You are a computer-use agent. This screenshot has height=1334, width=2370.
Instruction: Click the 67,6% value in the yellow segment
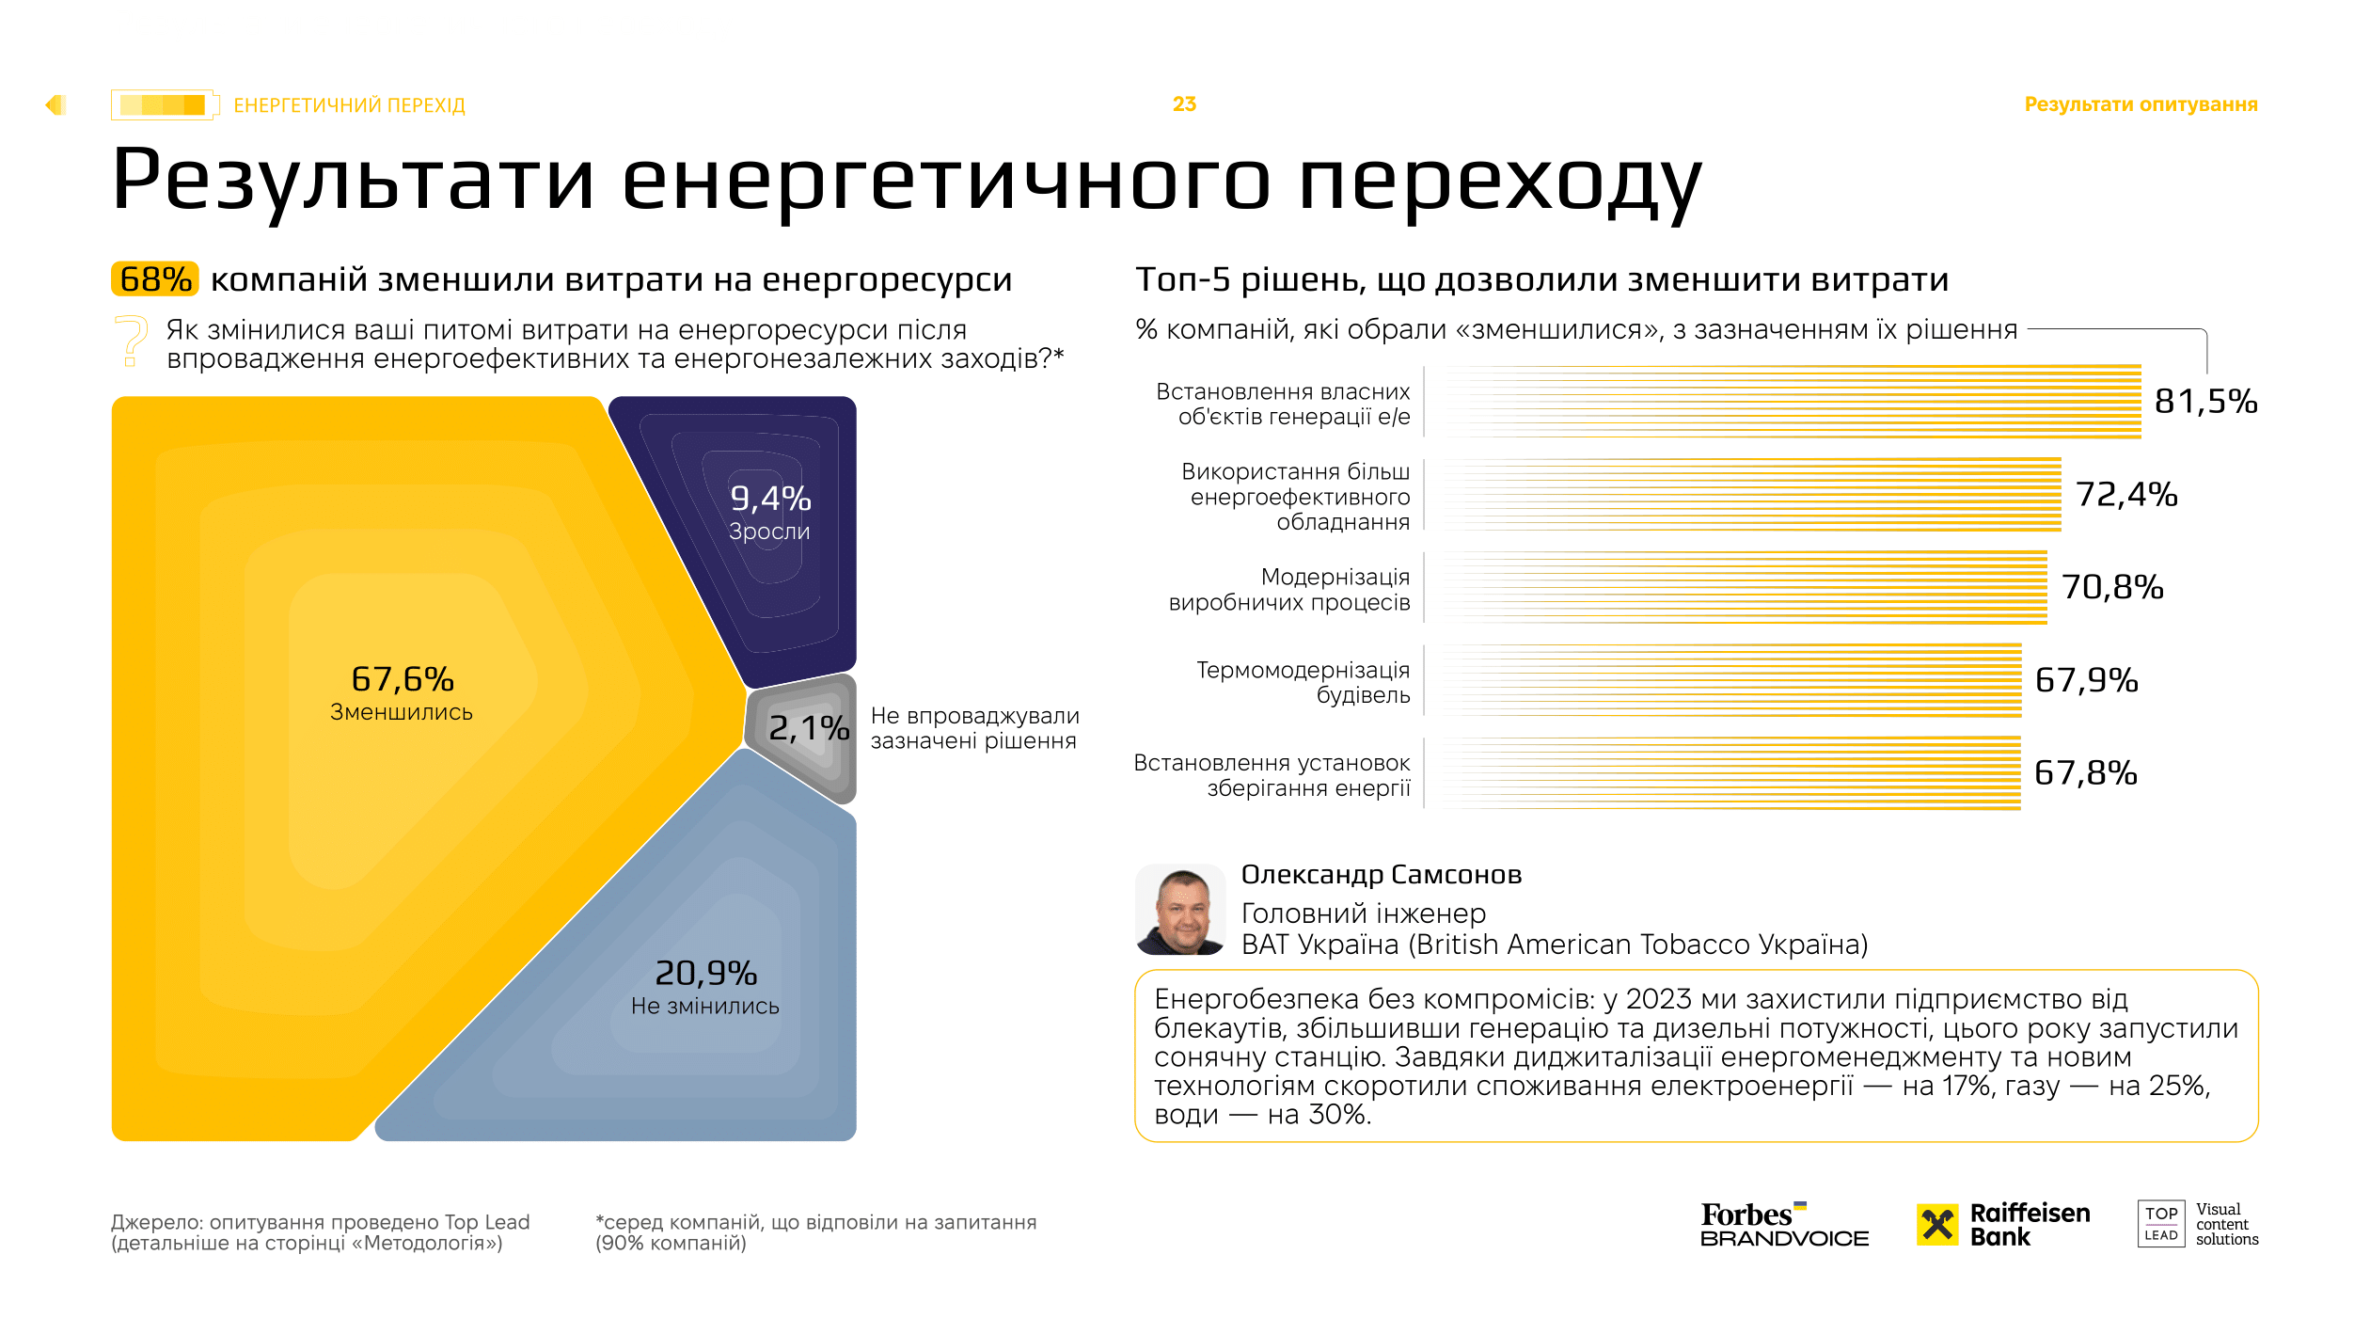[403, 679]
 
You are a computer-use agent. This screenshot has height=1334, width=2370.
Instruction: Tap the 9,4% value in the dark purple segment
[770, 499]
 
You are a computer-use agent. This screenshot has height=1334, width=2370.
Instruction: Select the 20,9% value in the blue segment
[705, 973]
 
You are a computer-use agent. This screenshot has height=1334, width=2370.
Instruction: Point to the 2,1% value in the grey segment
[808, 728]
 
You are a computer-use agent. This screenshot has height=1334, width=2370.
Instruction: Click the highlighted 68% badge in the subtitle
[155, 279]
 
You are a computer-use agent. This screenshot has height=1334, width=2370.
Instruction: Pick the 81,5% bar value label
[2205, 402]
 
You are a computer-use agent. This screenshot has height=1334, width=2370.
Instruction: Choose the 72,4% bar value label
[2126, 495]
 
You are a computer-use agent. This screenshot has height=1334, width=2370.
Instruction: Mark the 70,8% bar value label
[2112, 588]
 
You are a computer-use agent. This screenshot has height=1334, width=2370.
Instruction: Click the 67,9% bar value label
[2086, 680]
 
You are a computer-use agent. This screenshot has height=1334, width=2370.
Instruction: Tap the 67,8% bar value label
[2085, 773]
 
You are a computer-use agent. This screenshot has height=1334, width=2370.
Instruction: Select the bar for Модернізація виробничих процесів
[1746, 588]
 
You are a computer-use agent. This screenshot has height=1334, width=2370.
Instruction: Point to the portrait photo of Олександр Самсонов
[1180, 910]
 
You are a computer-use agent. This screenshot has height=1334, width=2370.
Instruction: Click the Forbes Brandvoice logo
[1784, 1225]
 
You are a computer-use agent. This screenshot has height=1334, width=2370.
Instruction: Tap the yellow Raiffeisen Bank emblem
[1937, 1225]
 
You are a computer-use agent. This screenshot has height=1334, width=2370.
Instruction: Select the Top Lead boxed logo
[2160, 1224]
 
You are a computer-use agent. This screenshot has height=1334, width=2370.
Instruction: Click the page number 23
[1184, 104]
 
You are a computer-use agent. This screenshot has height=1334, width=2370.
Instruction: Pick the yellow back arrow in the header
[55, 105]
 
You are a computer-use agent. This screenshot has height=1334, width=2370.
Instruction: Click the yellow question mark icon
[132, 340]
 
